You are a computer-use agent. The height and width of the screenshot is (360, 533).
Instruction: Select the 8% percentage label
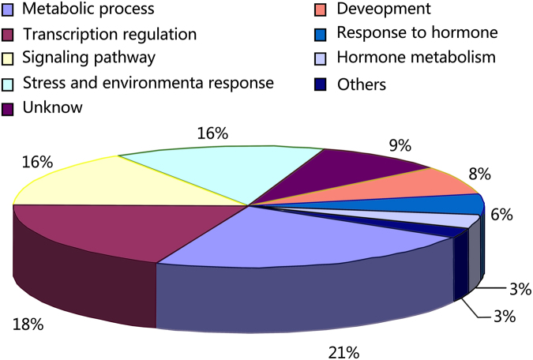(479, 173)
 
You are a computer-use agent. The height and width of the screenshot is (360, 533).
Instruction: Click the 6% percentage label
(501, 214)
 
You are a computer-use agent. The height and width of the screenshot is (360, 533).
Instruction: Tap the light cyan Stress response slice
(229, 170)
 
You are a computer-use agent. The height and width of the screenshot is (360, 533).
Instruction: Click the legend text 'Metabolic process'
(88, 10)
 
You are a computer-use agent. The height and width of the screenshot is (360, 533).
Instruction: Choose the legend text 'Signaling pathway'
(89, 58)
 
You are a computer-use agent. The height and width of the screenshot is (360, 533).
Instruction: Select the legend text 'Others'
(361, 84)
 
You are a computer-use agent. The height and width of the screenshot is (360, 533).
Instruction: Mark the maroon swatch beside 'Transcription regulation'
(9, 35)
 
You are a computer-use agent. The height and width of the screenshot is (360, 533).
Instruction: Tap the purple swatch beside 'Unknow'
(9, 108)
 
